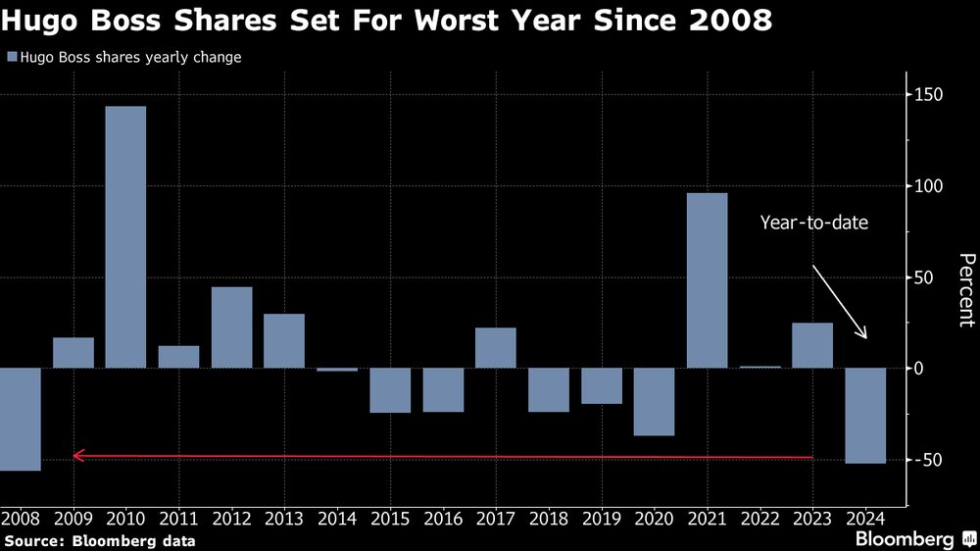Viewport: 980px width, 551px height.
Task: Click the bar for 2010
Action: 125,236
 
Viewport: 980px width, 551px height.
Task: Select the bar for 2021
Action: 707,279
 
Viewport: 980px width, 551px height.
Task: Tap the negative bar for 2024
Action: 865,415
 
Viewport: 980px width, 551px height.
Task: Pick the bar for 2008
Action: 21,419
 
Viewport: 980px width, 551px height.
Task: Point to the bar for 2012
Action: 231,326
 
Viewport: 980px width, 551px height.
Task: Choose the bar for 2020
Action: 654,401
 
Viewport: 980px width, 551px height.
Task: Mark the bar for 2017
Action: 495,347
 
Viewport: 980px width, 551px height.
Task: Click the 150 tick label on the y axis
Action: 929,95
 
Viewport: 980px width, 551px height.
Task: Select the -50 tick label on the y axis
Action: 928,460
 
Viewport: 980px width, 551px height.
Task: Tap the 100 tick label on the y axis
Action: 929,186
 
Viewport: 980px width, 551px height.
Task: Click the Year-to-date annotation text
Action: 813,223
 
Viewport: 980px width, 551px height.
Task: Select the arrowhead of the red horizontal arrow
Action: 78,456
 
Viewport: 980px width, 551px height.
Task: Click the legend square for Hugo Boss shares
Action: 11,58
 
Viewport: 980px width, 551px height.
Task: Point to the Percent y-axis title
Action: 966,289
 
